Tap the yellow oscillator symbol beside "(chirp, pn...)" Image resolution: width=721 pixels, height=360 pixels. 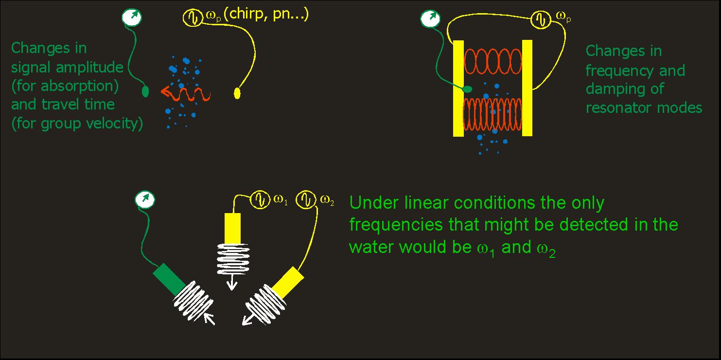[x=192, y=18]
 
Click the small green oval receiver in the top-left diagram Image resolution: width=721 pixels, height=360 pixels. [x=145, y=91]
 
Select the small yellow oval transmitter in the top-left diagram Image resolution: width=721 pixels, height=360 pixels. [x=237, y=92]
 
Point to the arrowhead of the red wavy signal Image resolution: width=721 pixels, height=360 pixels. [x=163, y=91]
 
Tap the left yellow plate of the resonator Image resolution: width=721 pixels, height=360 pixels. [x=458, y=88]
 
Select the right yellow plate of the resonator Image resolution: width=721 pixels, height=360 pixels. [x=527, y=88]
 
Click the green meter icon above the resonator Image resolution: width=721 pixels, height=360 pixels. [x=428, y=19]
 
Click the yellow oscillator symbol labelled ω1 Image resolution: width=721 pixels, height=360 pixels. [x=259, y=199]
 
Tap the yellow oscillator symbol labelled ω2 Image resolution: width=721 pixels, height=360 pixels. [x=308, y=199]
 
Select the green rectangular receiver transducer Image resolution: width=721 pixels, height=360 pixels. [x=169, y=279]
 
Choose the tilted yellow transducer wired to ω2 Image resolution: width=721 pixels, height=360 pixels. [x=288, y=282]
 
